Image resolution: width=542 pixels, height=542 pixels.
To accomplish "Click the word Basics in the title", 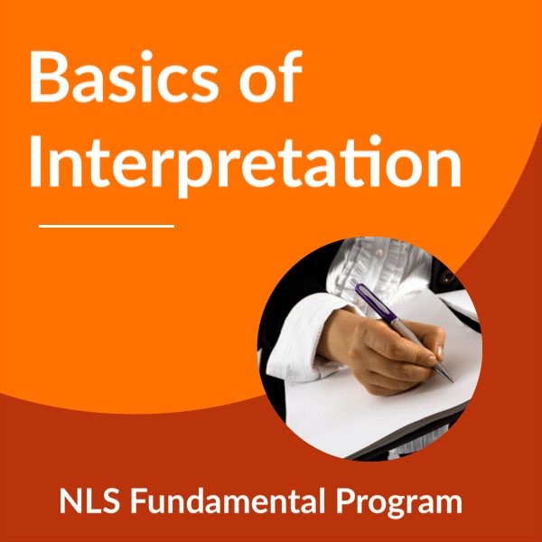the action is [x=125, y=77].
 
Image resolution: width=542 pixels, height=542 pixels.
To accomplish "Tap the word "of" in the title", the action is [x=271, y=77].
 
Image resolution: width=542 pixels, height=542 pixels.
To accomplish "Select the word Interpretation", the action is [x=246, y=164].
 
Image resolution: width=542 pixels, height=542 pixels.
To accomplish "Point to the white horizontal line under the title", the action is [x=107, y=227].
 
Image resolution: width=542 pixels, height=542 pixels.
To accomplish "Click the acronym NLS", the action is [x=89, y=500].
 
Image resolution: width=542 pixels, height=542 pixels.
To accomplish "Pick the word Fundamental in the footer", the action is [x=228, y=500].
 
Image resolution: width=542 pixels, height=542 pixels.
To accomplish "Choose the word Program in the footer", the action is [x=399, y=503].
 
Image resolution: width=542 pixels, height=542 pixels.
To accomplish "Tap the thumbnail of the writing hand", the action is [x=440, y=352].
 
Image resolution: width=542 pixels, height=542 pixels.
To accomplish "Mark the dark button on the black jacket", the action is [x=448, y=276].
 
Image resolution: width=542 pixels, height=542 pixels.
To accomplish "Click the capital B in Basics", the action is [x=49, y=78].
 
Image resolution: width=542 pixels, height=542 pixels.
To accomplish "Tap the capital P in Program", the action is [x=347, y=500].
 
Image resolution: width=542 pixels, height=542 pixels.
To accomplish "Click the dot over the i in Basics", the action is [x=146, y=55].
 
